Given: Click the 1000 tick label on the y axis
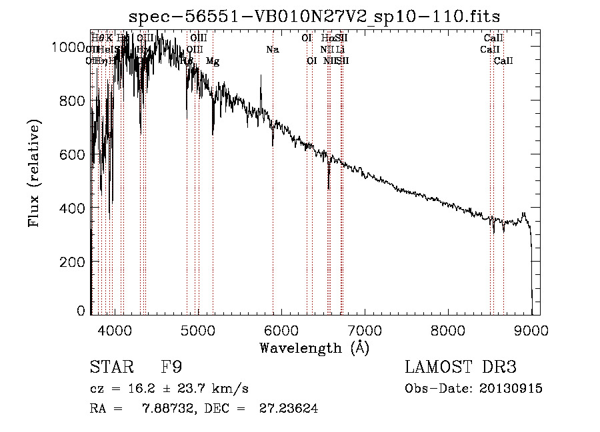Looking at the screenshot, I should (68, 47).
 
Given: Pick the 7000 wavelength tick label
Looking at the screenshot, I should (365, 329).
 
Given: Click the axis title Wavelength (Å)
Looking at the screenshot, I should (314, 347).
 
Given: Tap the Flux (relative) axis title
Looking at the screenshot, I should (34, 173).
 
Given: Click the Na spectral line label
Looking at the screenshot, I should (272, 49).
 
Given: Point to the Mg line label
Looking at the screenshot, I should (213, 61).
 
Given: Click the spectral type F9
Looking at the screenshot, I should (171, 367).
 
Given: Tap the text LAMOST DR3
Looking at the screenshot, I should (461, 367).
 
